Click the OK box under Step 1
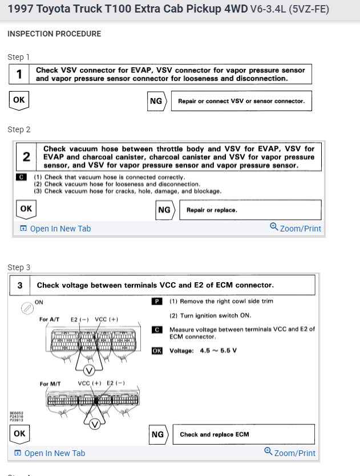pos(19,100)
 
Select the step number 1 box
pos(19,74)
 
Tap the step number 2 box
pos(26,157)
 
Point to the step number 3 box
pos(19,285)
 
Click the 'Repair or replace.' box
pos(250,210)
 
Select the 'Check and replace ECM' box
pos(243,434)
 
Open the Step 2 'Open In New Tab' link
pos(55,229)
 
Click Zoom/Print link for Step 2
pos(296,228)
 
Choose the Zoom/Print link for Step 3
pos(290,453)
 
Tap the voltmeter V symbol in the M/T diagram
pos(96,424)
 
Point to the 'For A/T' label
pos(51,320)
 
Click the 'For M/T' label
pos(52,384)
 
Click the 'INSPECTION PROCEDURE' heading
pos(54,34)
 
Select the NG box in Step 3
pos(158,435)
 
